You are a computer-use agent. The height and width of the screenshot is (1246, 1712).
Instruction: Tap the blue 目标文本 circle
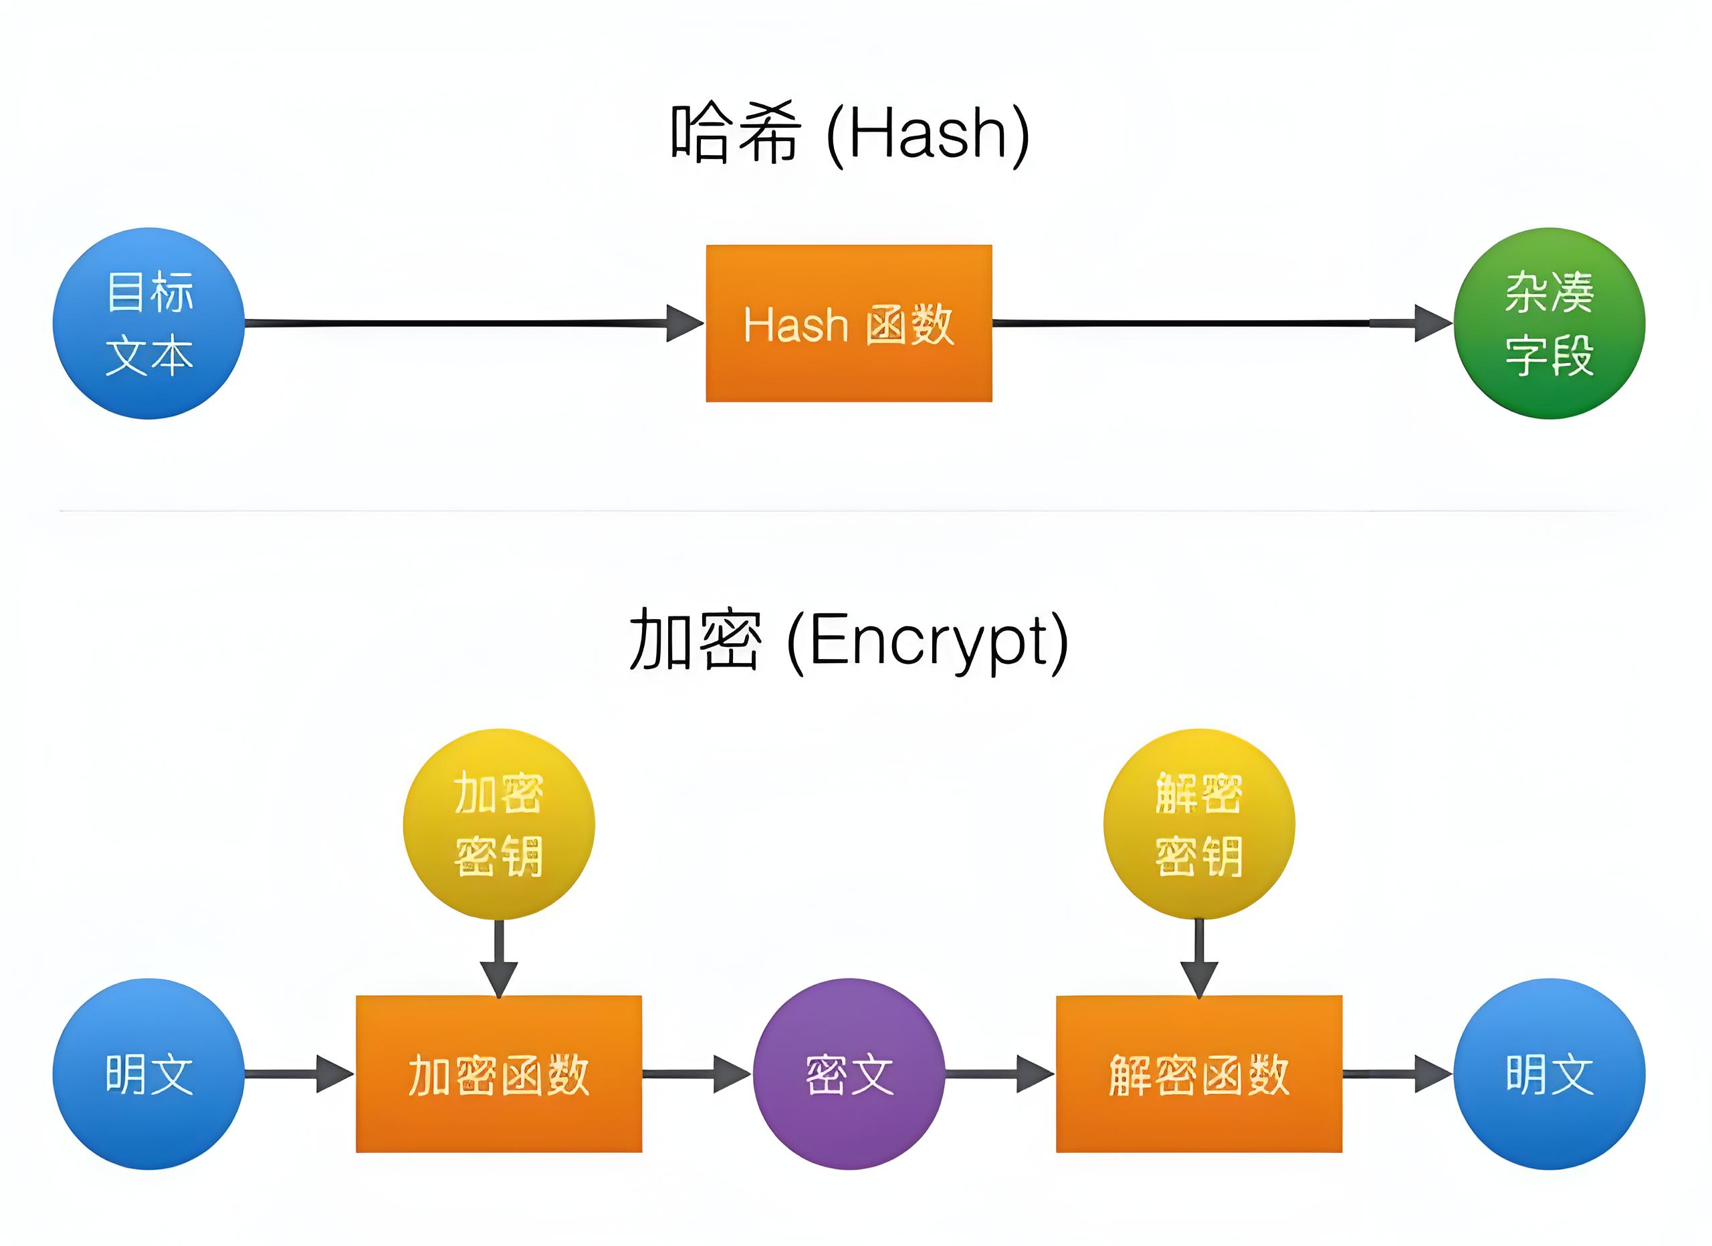pyautogui.click(x=148, y=323)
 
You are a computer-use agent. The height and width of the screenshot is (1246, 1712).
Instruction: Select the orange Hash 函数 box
pyautogui.click(x=849, y=323)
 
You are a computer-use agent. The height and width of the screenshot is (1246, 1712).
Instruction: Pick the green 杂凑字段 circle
pyautogui.click(x=1549, y=323)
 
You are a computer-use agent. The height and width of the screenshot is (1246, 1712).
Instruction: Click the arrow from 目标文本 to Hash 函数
pyautogui.click(x=475, y=323)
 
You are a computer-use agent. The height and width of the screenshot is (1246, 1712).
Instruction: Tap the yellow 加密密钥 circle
pyautogui.click(x=499, y=824)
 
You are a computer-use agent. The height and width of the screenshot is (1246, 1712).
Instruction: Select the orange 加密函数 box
pyautogui.click(x=499, y=1074)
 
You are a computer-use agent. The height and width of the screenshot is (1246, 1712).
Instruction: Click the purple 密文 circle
pyautogui.click(x=849, y=1074)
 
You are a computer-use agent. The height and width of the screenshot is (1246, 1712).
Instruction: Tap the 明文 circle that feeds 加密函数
pyautogui.click(x=148, y=1074)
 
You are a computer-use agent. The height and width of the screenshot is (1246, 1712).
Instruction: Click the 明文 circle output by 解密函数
pyautogui.click(x=1549, y=1074)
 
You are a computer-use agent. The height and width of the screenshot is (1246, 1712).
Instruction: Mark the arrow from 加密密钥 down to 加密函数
pyautogui.click(x=499, y=959)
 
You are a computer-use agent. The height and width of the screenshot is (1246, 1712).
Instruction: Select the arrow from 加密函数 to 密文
pyautogui.click(x=698, y=1074)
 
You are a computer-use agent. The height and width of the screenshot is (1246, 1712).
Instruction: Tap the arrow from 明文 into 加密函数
pyautogui.click(x=300, y=1074)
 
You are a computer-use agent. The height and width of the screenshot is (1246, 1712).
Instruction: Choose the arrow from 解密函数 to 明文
pyautogui.click(x=1398, y=1074)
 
